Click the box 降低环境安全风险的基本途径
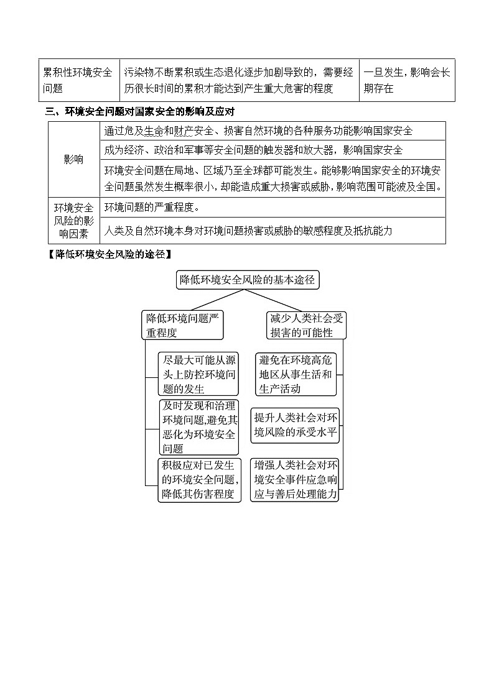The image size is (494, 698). point(248,280)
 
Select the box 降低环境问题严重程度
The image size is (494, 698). point(182,325)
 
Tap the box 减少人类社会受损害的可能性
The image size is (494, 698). point(306,325)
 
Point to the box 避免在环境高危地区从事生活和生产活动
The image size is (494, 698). point(296,374)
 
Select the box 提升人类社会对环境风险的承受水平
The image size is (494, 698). point(296,426)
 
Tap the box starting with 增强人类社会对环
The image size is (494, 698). point(296,480)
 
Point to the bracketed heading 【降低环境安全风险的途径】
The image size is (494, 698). point(110,254)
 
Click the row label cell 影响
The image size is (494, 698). point(73,160)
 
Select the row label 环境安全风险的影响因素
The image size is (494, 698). point(73,220)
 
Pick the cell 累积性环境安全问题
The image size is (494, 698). point(77,80)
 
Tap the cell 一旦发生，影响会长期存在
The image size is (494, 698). point(407,80)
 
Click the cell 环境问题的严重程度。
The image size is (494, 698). point(274,207)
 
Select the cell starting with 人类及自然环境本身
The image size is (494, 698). point(274,231)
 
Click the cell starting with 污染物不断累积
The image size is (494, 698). point(239,80)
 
